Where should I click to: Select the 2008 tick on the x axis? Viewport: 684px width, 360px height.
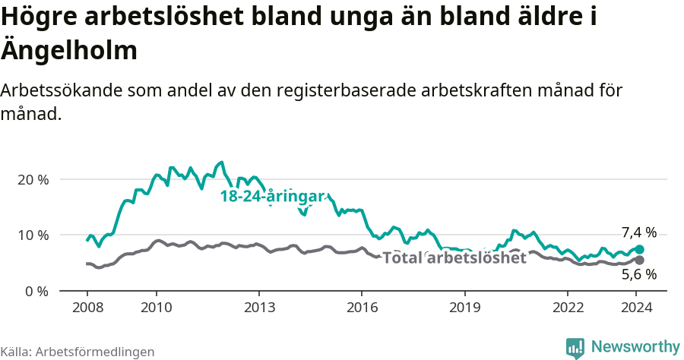coord(87,308)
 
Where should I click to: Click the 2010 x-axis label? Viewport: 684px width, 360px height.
coord(156,308)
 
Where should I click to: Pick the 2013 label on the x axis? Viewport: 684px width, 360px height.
coord(259,308)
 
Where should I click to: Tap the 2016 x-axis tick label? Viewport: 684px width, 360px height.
coord(362,308)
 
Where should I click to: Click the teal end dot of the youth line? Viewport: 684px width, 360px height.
coord(640,249)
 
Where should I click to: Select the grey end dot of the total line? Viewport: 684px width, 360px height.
coord(640,260)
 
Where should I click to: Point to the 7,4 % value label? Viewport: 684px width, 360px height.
coord(638,233)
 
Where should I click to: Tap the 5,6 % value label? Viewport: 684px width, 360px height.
coord(638,275)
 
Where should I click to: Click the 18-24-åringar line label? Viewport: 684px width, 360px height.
coord(273,196)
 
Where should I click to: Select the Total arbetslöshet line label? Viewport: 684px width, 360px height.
coord(454,257)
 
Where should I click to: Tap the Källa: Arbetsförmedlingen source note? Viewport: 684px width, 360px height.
coord(78,352)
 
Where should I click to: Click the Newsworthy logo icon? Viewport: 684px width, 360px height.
coord(575,348)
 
